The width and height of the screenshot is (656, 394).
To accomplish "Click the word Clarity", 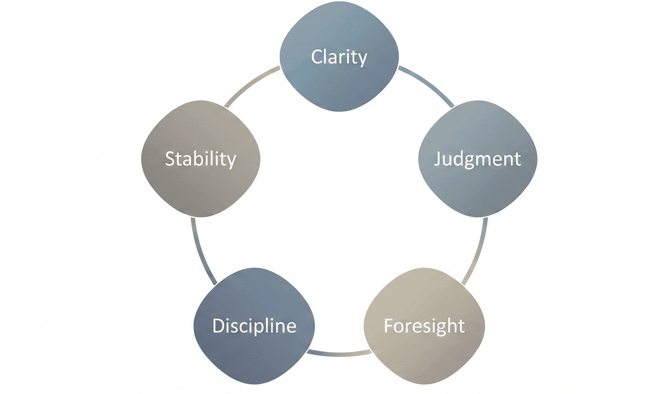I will pos(339,57).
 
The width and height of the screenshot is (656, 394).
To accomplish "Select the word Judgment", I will pos(477,159).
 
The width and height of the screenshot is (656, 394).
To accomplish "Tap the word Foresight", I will pos(424,326).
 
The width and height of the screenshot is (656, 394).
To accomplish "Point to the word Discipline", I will pos(254,326).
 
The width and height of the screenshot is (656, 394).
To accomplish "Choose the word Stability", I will pos(200,159).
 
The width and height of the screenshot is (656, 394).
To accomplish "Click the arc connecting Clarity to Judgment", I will pos(427,85).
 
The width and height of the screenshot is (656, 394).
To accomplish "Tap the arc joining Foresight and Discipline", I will pos(339,353).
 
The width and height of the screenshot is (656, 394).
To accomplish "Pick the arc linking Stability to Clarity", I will pos(251,85).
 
